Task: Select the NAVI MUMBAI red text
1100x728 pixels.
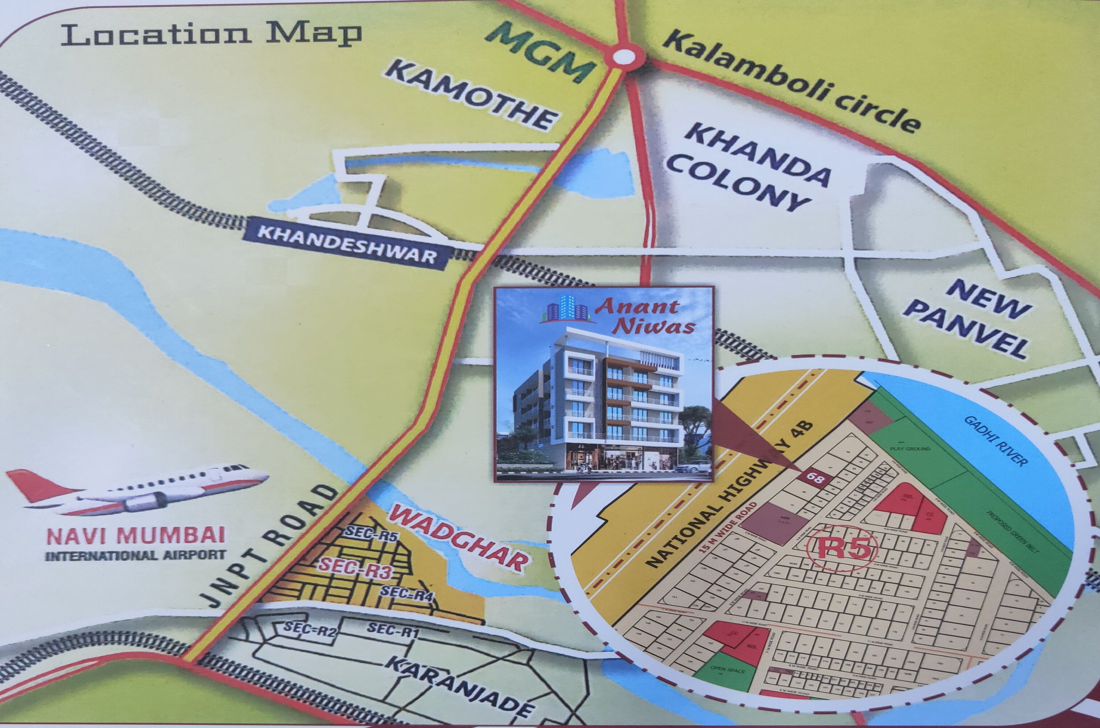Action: pos(135,535)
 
